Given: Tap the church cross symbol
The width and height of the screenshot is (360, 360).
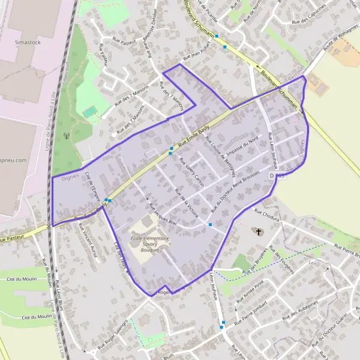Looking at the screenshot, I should click(259, 231).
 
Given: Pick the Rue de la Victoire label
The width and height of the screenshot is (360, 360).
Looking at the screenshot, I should click(187, 202).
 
